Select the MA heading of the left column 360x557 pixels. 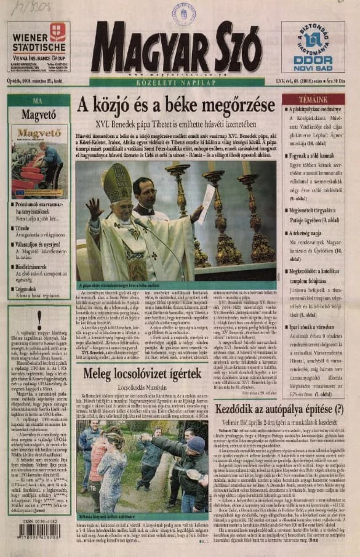point(38,101)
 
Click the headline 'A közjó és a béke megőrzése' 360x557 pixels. point(175,105)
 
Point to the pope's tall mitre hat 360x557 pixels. point(117,182)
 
